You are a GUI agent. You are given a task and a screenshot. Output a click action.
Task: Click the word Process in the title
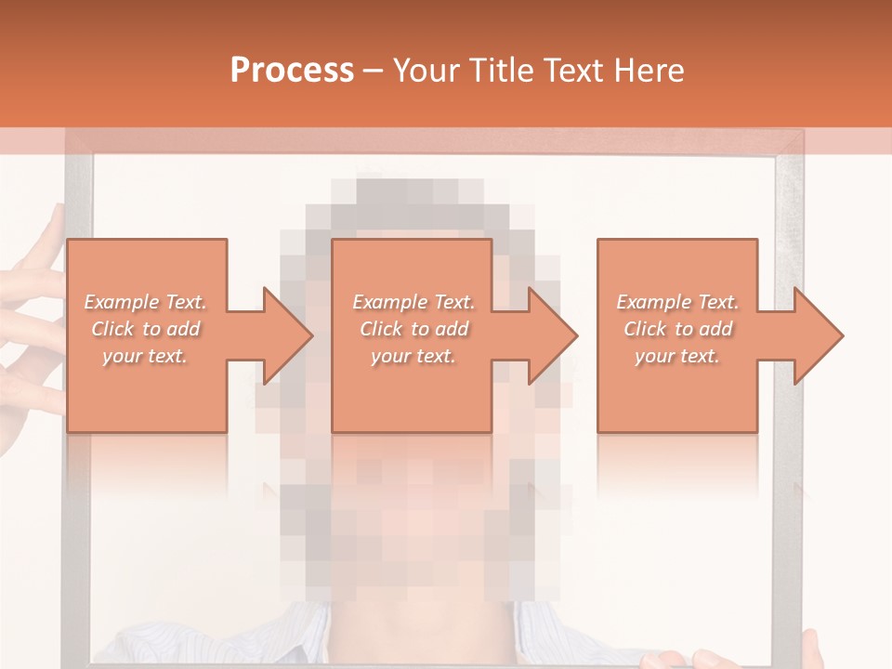tap(292, 71)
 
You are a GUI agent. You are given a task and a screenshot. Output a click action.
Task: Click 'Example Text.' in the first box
tap(145, 302)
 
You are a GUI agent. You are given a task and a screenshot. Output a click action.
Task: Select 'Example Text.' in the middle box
tap(413, 302)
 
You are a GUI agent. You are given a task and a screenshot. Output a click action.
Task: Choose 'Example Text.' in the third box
tap(677, 302)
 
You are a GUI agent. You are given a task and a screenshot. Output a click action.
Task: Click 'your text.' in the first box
tap(145, 356)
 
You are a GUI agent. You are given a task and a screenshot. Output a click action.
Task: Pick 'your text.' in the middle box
tap(413, 356)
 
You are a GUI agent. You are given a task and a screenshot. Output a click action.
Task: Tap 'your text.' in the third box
tap(677, 356)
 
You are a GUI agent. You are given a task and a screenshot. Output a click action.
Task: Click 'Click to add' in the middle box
tap(413, 329)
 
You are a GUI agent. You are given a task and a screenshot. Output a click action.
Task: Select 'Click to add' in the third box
tap(677, 329)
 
